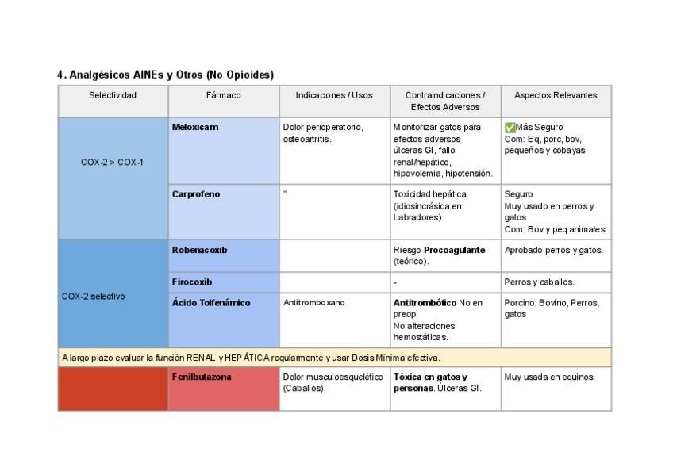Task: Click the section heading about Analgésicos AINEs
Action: point(165,75)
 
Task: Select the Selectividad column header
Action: point(113,95)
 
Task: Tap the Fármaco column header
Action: point(223,95)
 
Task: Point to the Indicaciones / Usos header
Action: point(334,95)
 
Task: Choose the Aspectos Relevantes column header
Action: point(556,95)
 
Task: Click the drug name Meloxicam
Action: point(195,127)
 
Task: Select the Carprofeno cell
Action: point(196,194)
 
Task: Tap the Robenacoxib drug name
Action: point(199,250)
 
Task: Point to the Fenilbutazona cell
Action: point(202,377)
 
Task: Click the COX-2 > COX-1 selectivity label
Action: point(113,163)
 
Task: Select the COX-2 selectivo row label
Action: point(93,296)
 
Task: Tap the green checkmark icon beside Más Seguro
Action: point(510,127)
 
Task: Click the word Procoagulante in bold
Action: point(454,250)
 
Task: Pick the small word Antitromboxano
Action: point(310,302)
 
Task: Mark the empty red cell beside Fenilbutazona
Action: point(113,389)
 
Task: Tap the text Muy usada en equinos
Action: point(549,377)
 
